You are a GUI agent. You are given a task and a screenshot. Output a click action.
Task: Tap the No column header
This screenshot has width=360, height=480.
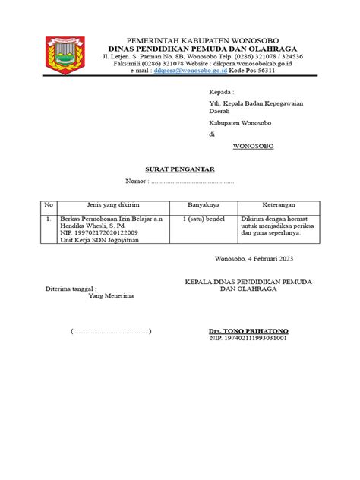point(49,205)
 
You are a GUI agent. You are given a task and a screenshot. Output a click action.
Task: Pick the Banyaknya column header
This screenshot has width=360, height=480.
point(204,205)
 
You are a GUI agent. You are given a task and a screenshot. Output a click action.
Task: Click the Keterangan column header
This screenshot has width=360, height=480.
point(276,205)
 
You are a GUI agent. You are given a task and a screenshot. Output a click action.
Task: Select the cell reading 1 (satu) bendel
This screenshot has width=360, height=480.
point(203,218)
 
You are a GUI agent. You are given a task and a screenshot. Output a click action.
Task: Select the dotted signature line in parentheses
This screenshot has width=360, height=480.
point(111,331)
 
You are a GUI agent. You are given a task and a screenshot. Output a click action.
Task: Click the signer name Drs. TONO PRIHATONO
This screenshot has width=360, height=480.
point(248,331)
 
